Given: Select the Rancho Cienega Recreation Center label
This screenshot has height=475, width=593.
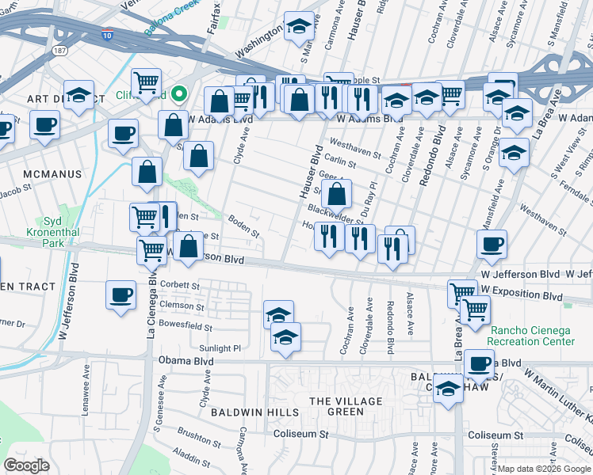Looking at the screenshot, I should pyautogui.click(x=532, y=336).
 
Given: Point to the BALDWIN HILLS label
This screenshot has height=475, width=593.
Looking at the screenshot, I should pyautogui.click(x=254, y=412).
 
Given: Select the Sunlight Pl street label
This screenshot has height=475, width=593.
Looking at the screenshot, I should pyautogui.click(x=220, y=348).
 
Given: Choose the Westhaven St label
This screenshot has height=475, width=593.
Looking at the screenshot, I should pyautogui.click(x=353, y=145).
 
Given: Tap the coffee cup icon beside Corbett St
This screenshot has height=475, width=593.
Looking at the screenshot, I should pyautogui.click(x=121, y=294).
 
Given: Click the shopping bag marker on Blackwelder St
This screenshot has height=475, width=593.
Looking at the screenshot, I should pyautogui.click(x=337, y=192).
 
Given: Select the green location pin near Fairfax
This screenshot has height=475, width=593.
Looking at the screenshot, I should pyautogui.click(x=180, y=95).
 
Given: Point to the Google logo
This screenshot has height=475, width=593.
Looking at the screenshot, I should pyautogui.click(x=27, y=465).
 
